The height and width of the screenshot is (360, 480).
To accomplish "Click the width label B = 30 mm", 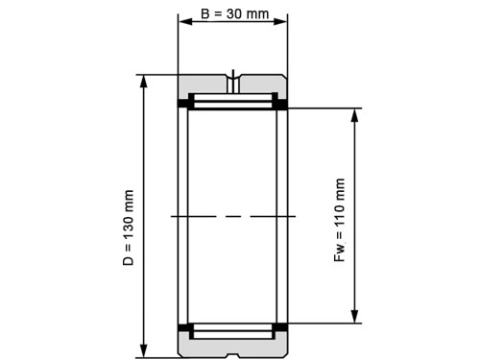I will pyautogui.click(x=233, y=15).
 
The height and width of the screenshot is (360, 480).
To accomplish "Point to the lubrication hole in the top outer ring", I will pyautogui.click(x=233, y=78).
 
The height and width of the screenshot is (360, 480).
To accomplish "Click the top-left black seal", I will pyautogui.click(x=183, y=103).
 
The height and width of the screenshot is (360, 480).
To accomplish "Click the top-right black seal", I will pyautogui.click(x=282, y=103).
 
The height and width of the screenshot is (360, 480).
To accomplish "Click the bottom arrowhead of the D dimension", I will pyautogui.click(x=144, y=350).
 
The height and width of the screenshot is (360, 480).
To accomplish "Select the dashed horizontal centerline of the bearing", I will pyautogui.click(x=233, y=216).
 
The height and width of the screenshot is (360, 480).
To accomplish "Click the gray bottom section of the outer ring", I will pyautogui.click(x=233, y=347).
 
